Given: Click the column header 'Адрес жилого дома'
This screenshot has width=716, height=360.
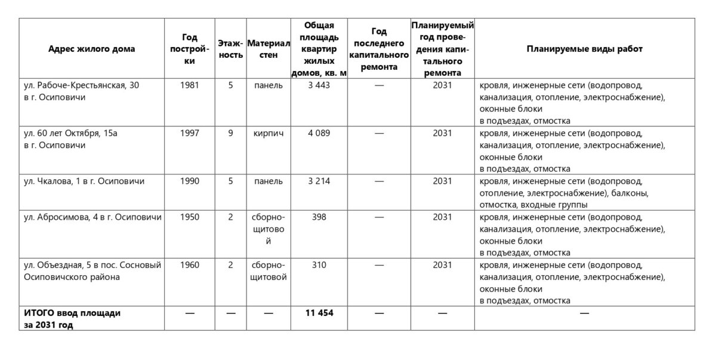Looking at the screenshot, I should (91, 49).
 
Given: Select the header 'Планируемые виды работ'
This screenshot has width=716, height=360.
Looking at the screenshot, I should (584, 49).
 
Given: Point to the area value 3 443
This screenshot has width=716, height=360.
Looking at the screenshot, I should (319, 85).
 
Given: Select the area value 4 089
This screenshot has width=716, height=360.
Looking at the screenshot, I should (319, 133).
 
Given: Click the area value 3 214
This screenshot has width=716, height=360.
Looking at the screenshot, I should (319, 181).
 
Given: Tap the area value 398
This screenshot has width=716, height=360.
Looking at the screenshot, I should (319, 217).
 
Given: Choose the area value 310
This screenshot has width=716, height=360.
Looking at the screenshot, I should (319, 264).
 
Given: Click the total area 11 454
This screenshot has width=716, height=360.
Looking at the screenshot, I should (319, 313).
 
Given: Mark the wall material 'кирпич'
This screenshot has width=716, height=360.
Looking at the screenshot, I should (268, 133).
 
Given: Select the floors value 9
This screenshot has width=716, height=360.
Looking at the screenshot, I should (230, 133).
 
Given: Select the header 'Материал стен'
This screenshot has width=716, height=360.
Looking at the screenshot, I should (268, 49).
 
